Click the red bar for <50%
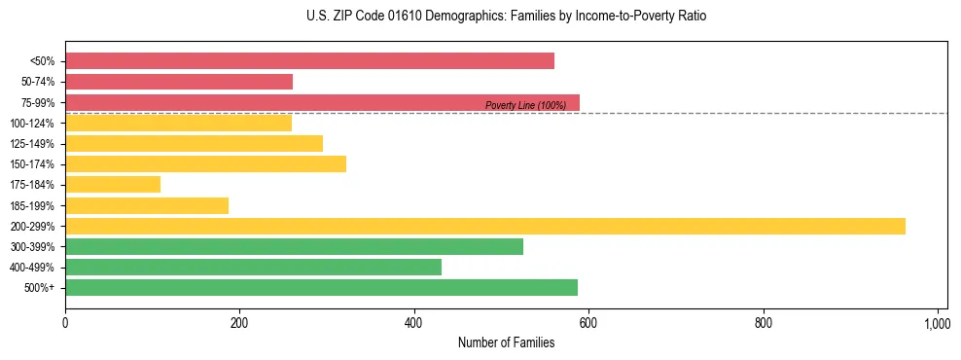coord(309,61)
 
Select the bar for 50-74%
coord(179,82)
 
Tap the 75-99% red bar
coord(322,102)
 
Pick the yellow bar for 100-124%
coord(178,123)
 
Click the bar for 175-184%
coord(113,185)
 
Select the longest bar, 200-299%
coord(485,226)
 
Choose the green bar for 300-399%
coord(294,246)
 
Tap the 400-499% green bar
coord(253,267)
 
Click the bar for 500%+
coord(321,287)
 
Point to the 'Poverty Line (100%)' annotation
coord(525,105)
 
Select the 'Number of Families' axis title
coord(507,342)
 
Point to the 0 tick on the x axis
coord(65,323)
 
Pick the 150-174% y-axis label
coord(32,164)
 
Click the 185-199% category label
coord(32,205)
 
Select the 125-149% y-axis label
coord(32,144)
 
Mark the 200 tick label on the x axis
coord(239,323)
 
